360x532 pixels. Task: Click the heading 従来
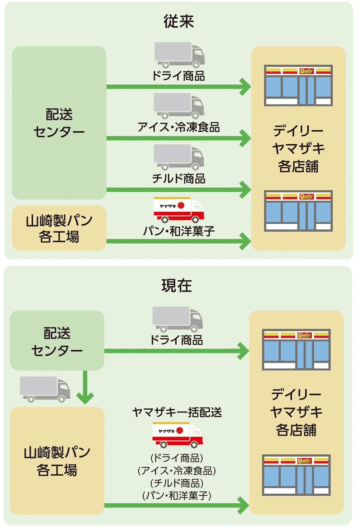pos(179,22)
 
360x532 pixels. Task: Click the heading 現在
pos(176,286)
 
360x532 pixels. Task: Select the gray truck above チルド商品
pos(179,157)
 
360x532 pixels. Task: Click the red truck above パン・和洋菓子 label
pos(179,210)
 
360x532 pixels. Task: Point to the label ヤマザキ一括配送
pos(177,412)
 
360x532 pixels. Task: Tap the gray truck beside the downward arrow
pos(45,389)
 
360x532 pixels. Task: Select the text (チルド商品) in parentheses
pos(177,483)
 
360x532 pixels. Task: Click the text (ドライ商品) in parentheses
pos(177,458)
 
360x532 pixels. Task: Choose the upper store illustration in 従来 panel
pos(298,85)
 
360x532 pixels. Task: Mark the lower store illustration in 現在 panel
pos(296,475)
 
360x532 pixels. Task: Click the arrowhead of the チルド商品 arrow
pos(246,190)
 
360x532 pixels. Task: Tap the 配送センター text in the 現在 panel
pos(57,341)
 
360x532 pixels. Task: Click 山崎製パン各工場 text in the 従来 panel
pos(59,228)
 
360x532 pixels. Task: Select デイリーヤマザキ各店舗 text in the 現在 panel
pos(296,412)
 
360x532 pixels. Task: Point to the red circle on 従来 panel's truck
pos(181,206)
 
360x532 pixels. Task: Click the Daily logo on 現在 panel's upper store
pos(304,335)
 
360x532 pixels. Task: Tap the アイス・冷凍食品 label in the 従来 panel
pos(179,127)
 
